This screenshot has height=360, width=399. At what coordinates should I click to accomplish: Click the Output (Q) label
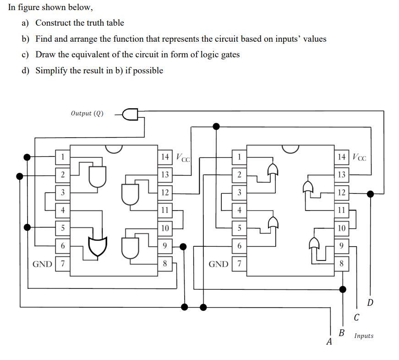pos(87,113)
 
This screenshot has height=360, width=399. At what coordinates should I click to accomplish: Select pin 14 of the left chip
pos(165,157)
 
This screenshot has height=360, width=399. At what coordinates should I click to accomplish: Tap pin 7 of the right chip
pos(239,264)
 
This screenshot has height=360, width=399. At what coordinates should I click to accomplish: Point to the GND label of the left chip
pos(42,264)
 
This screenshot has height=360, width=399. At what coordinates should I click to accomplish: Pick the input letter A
pos(328,341)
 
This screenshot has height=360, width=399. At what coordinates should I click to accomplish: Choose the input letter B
pos(341,332)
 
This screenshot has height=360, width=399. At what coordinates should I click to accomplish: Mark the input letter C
pos(356,317)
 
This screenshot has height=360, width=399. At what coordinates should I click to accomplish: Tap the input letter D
pos(370,302)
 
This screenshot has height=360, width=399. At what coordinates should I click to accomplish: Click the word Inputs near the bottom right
pos(363,336)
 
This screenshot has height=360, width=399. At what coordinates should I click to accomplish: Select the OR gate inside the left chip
pos(97,247)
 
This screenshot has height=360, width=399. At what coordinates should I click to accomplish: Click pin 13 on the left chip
pos(165,175)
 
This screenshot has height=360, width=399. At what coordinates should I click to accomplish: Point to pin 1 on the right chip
pos(239,157)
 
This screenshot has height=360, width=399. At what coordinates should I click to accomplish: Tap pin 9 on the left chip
pos(165,246)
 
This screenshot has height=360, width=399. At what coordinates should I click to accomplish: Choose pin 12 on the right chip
pos(341,193)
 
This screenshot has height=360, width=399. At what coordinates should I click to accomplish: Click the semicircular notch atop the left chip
pos(114,148)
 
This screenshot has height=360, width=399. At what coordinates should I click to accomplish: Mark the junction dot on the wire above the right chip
pos(216,126)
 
